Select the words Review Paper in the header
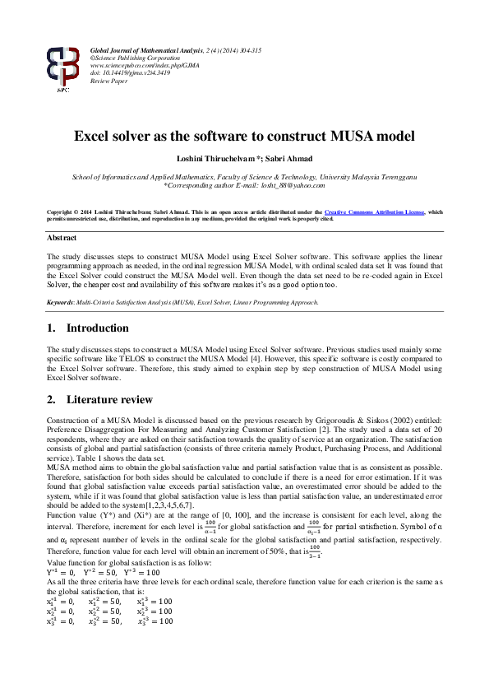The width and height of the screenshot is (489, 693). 108,81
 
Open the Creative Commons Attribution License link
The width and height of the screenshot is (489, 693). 376,212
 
